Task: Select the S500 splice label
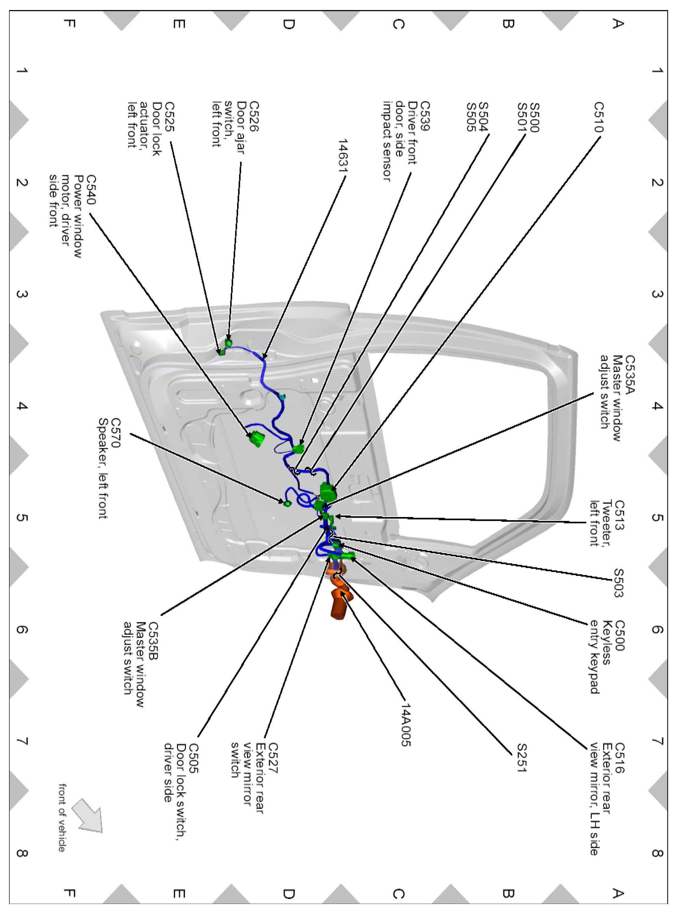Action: point(534,117)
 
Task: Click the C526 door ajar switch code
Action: point(254,116)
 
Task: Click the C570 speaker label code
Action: point(116,433)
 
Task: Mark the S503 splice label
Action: point(618,583)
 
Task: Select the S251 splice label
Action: point(522,757)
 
